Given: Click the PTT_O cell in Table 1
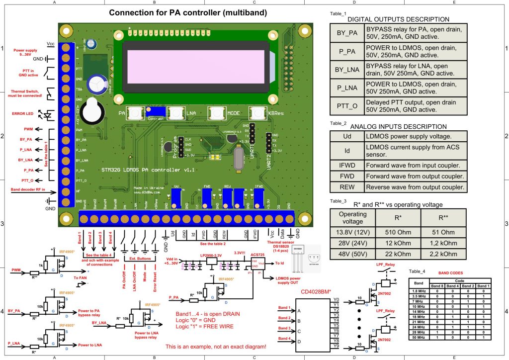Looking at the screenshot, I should [x=346, y=106].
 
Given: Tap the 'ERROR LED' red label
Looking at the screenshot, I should [x=23, y=113].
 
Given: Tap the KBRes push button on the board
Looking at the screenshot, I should [x=260, y=113].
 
